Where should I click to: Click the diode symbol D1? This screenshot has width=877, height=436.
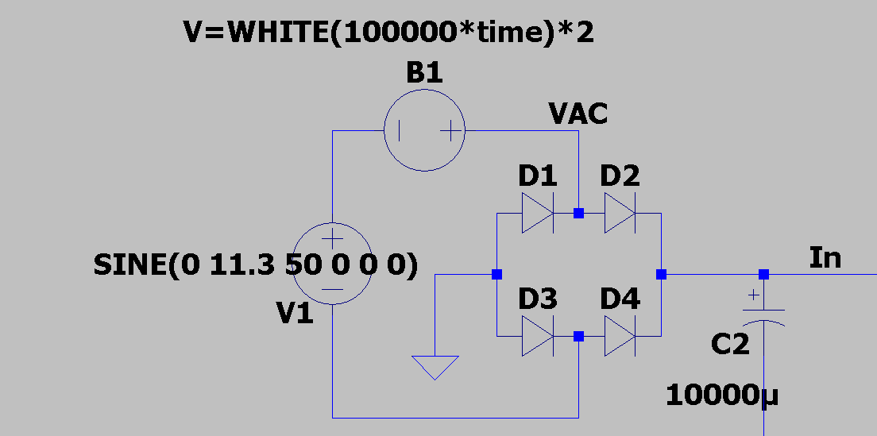(537, 214)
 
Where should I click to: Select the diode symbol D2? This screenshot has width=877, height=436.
(620, 214)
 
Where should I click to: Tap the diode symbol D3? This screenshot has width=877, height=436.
(537, 337)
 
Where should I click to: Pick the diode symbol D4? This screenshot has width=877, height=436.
(620, 337)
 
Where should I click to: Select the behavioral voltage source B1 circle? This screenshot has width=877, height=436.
(424, 129)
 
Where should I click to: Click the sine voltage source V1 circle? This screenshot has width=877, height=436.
(332, 264)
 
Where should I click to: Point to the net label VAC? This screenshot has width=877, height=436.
(578, 114)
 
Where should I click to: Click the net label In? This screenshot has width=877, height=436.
(825, 257)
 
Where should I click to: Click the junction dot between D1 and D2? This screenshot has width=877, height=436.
(578, 214)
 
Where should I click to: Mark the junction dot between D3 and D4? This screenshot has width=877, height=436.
(578, 337)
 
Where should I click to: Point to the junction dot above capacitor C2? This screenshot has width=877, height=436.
(763, 275)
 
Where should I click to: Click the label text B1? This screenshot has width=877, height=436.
(424, 73)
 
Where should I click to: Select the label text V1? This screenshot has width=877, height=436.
(294, 315)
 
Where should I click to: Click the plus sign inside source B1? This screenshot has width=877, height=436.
(450, 129)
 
